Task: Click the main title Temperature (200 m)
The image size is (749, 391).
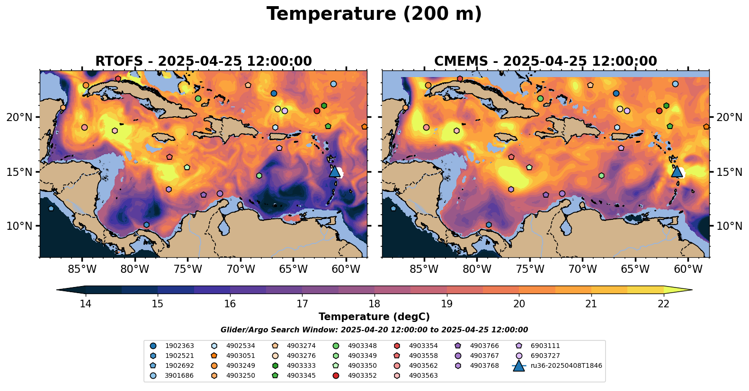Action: (374, 14)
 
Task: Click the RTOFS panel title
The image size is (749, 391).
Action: (204, 61)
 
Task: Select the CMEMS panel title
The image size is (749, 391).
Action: (545, 61)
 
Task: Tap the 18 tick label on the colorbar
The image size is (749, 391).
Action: (374, 304)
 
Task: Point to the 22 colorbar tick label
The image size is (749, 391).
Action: (663, 304)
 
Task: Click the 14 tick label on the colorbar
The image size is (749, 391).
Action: (85, 304)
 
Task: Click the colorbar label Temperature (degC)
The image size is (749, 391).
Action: (374, 317)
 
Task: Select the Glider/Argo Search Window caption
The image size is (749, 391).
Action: (374, 330)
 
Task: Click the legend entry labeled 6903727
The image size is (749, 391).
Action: (545, 356)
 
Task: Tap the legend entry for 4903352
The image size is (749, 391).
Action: (362, 375)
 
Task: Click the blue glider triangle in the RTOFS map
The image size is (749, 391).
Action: (335, 171)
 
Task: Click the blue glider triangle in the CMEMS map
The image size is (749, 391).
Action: (677, 171)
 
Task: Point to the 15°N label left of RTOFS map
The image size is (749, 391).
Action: (19, 172)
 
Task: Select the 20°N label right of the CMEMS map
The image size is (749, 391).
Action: (729, 117)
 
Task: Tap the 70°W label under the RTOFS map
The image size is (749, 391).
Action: (241, 269)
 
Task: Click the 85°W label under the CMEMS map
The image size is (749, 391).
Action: (424, 269)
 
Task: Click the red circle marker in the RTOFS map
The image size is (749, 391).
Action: (317, 111)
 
